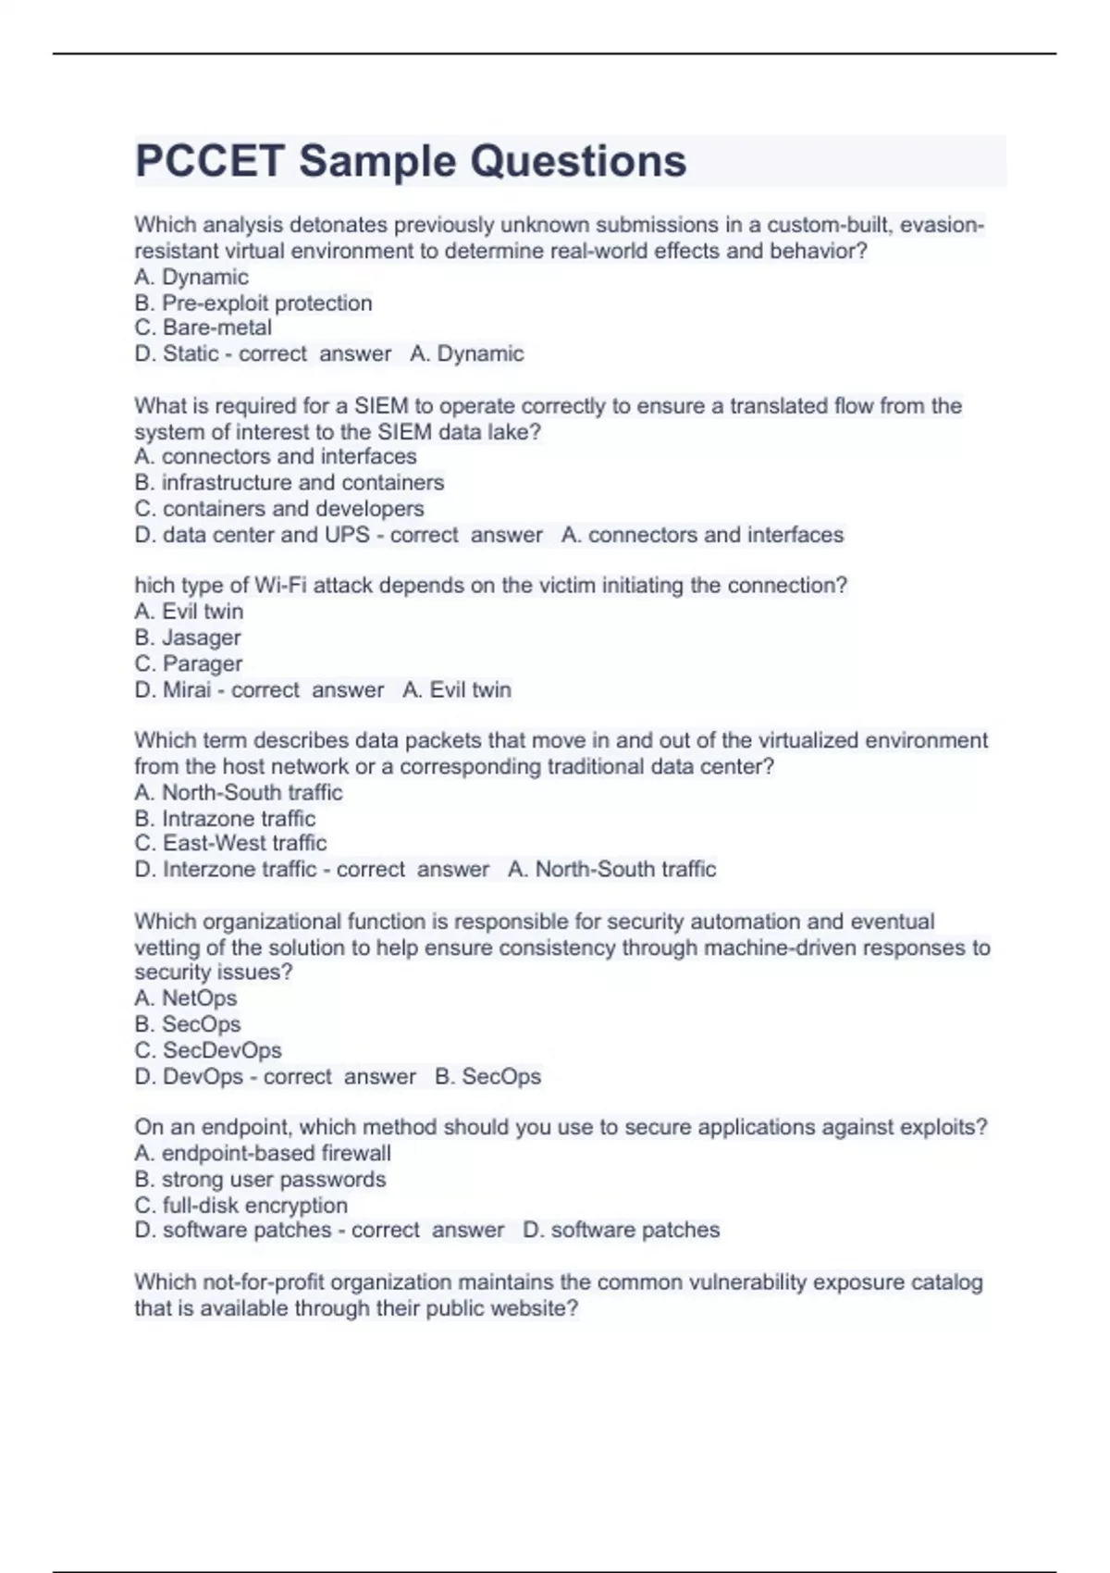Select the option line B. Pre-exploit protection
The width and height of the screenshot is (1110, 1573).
tap(253, 303)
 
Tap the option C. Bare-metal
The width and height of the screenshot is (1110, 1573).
tap(203, 328)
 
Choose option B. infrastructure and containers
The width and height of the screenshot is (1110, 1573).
tap(290, 482)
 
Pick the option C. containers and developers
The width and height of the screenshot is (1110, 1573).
tap(279, 508)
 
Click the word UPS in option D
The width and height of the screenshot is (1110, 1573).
tap(347, 535)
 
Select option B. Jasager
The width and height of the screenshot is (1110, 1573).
tap(188, 638)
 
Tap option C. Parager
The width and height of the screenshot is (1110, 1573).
tap(189, 663)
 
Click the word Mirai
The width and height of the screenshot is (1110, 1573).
tap(187, 689)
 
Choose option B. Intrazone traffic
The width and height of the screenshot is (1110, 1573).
tap(225, 818)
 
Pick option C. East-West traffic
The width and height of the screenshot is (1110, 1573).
tap(230, 843)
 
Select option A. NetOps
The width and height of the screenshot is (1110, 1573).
tap(186, 997)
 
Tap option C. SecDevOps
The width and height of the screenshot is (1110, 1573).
tap(208, 1050)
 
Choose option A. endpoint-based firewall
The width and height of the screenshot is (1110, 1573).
tap(263, 1153)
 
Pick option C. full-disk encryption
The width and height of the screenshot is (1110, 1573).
tap(241, 1205)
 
